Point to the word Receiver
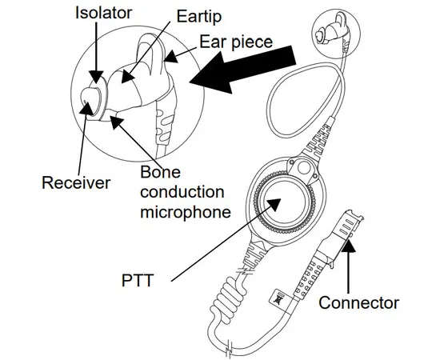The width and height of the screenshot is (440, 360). coord(76,182)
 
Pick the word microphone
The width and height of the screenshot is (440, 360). coord(186,212)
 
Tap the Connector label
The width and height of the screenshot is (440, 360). coord(358,303)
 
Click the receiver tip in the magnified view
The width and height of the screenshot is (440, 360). coord(90,102)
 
